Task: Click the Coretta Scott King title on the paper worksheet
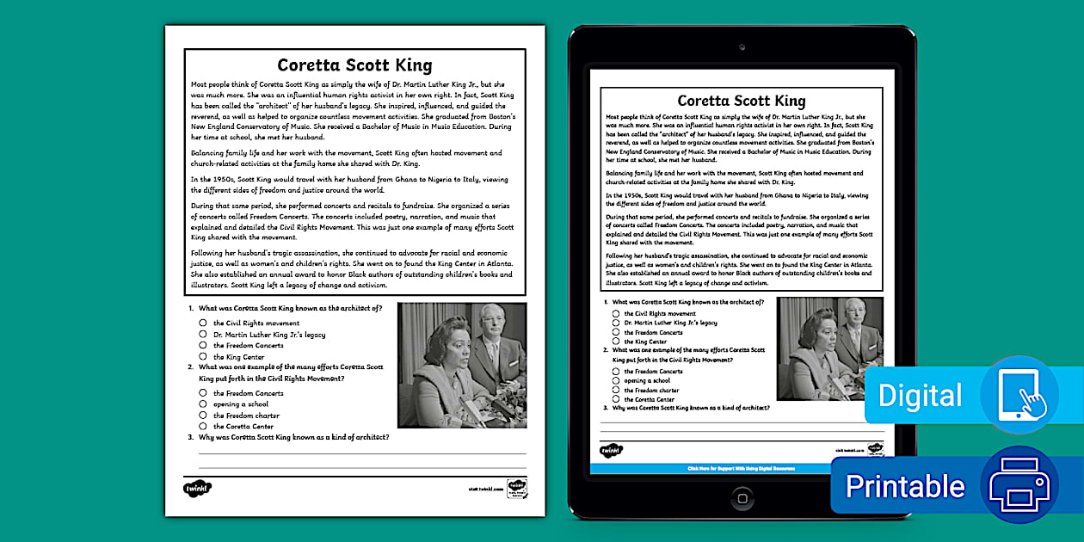pyautogui.click(x=354, y=66)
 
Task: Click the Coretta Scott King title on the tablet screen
pyautogui.click(x=741, y=101)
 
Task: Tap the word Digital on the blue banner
pyautogui.click(x=920, y=396)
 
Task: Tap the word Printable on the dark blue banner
pyautogui.click(x=904, y=487)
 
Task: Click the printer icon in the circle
pyautogui.click(x=1020, y=485)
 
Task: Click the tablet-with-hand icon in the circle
pyautogui.click(x=1020, y=395)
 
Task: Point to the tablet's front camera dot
pyautogui.click(x=742, y=47)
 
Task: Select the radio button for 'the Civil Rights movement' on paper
pyautogui.click(x=203, y=323)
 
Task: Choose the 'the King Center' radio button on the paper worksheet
pyautogui.click(x=203, y=356)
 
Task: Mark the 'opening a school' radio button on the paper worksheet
pyautogui.click(x=203, y=404)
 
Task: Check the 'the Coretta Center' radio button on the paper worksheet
pyautogui.click(x=203, y=426)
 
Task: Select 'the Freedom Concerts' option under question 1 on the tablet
pyautogui.click(x=616, y=332)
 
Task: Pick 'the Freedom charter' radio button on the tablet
pyautogui.click(x=616, y=390)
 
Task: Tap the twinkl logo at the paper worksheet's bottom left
pyautogui.click(x=197, y=489)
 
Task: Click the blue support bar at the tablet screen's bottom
pyautogui.click(x=741, y=469)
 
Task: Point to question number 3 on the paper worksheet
pyautogui.click(x=191, y=437)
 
